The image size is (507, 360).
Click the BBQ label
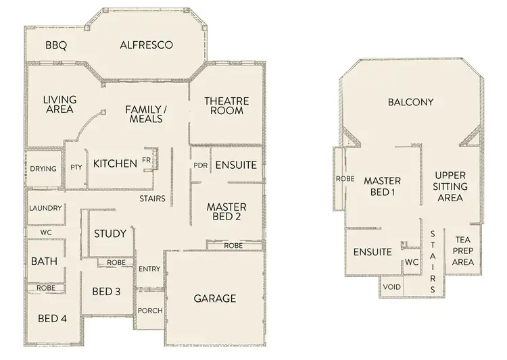55,46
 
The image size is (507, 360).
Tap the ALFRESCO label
146,45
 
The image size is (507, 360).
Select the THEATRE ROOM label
226,106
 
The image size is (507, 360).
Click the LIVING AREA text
59,104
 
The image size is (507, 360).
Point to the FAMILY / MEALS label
145,113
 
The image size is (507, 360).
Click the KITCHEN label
116,163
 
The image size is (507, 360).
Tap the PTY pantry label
76,168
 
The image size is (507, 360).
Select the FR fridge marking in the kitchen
146,161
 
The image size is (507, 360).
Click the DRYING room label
43,169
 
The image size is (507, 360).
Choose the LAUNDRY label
45,209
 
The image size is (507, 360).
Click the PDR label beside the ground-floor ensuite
200,165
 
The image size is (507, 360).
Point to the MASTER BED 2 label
226,212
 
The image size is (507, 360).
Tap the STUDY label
110,234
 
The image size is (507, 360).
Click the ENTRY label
149,269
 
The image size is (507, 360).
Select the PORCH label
149,311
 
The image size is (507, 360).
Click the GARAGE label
215,298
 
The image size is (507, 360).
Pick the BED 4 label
52,318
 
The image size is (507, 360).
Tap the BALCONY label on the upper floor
410,103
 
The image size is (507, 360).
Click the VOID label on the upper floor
391,286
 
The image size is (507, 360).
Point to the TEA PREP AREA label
463,251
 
